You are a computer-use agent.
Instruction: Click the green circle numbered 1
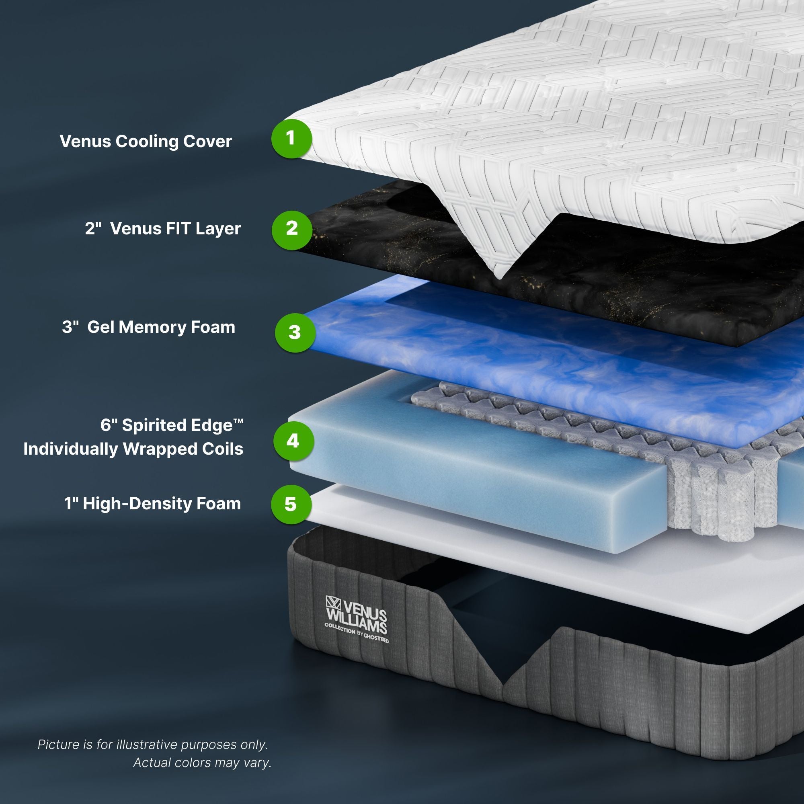tap(291, 138)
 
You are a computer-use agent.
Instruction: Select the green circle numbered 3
tap(295, 332)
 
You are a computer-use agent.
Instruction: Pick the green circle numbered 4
tap(293, 441)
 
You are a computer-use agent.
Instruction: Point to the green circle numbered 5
tap(291, 504)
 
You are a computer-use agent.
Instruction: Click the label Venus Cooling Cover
tap(146, 142)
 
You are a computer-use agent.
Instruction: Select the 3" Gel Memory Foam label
tap(149, 327)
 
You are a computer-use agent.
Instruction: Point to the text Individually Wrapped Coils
tap(133, 449)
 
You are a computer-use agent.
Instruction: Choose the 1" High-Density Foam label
tap(152, 504)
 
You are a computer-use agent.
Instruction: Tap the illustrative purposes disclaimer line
tap(153, 744)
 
